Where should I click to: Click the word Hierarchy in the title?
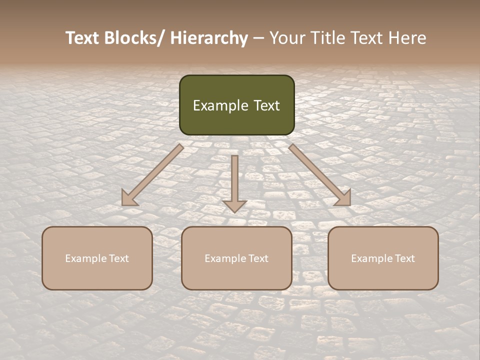[x=209, y=38]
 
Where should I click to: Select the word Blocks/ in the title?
[x=131, y=38]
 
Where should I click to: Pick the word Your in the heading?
[x=287, y=38]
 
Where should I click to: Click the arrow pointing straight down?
[x=234, y=180]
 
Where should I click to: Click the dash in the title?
[x=258, y=38]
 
